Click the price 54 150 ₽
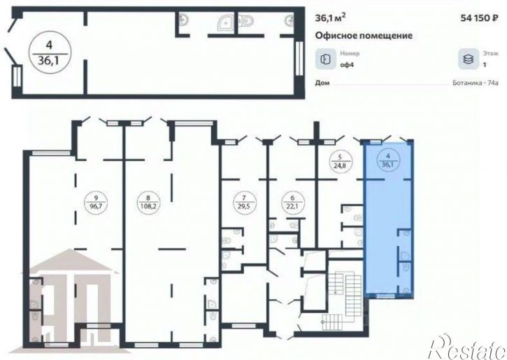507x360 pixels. (x=479, y=18)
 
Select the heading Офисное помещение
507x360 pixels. (x=364, y=35)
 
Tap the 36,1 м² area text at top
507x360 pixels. (x=331, y=17)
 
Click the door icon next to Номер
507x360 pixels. (x=326, y=59)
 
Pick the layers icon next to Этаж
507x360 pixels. (x=469, y=59)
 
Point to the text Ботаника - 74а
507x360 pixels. (x=476, y=83)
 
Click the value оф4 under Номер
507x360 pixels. (x=347, y=64)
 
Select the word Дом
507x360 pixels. (x=322, y=83)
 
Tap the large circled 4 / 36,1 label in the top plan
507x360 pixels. (x=49, y=53)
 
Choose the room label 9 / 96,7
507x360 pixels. (x=96, y=202)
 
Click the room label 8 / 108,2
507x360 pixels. (x=148, y=202)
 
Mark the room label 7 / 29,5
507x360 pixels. (x=244, y=202)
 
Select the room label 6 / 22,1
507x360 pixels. (x=292, y=202)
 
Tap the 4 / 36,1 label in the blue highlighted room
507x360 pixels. (x=388, y=161)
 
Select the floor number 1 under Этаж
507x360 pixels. (x=485, y=65)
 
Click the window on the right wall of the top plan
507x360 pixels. (x=300, y=59)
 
